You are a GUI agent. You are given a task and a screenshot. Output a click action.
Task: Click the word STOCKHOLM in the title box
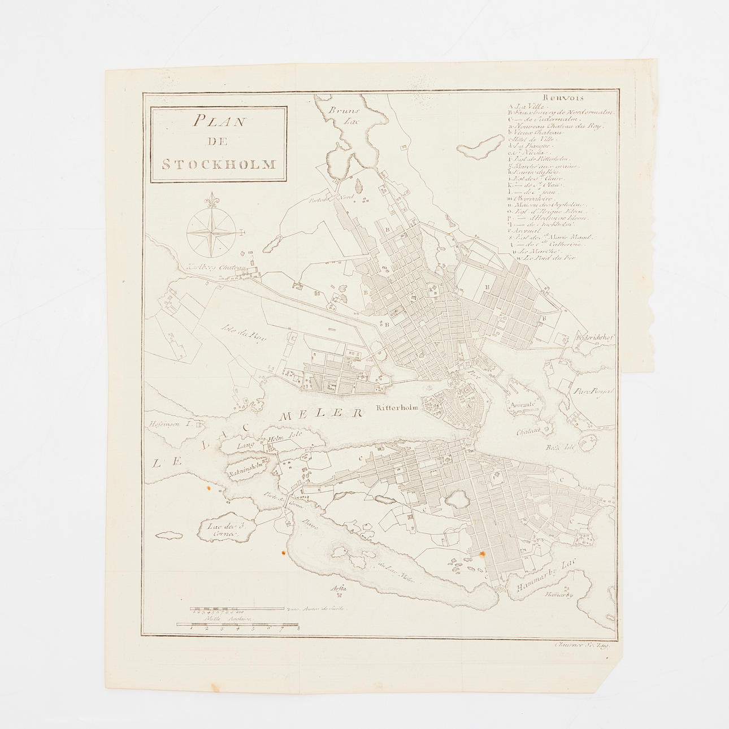(x=219, y=165)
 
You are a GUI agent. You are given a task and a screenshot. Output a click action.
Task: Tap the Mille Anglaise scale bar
(x=237, y=624)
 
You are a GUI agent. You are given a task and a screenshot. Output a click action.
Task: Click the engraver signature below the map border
(x=586, y=643)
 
